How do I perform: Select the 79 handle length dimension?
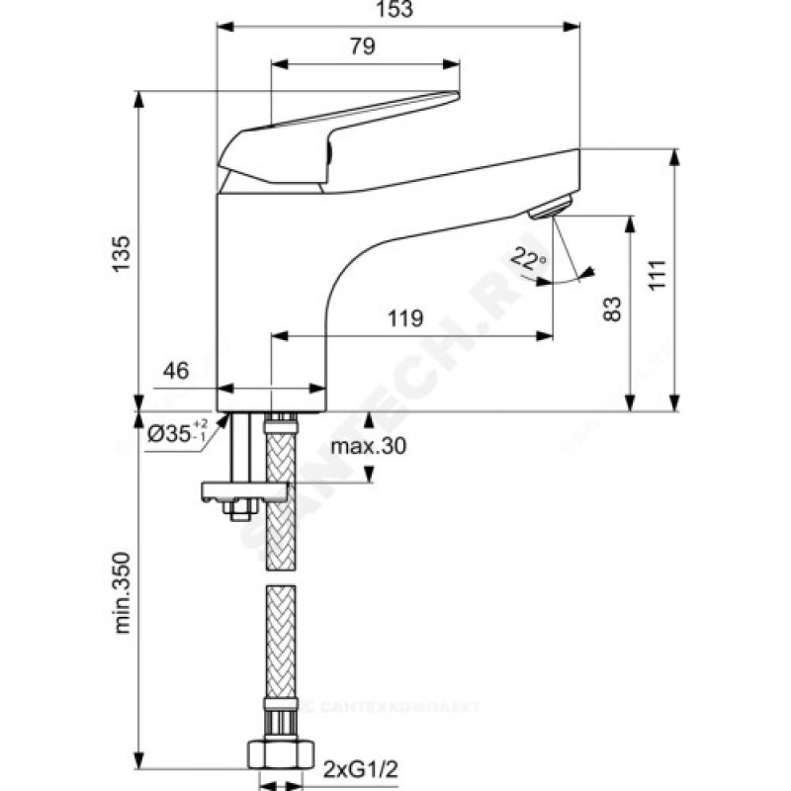(x=364, y=45)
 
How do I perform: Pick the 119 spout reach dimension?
(x=405, y=318)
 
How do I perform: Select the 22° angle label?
(x=528, y=260)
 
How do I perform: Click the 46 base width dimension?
(x=176, y=371)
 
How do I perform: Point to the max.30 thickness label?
(x=368, y=447)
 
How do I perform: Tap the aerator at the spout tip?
(x=550, y=209)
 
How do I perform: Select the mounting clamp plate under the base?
(x=243, y=491)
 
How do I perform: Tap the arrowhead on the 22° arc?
(x=589, y=272)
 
